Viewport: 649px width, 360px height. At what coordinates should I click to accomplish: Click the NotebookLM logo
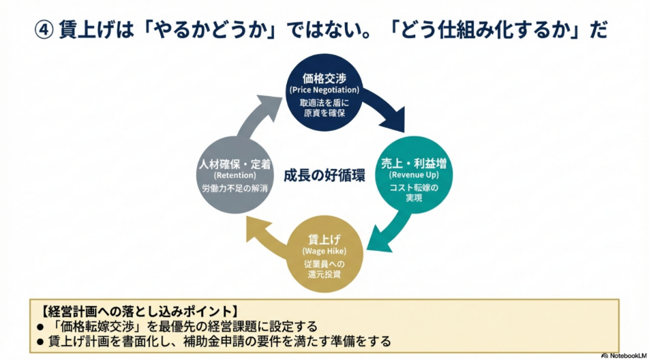[622, 355]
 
